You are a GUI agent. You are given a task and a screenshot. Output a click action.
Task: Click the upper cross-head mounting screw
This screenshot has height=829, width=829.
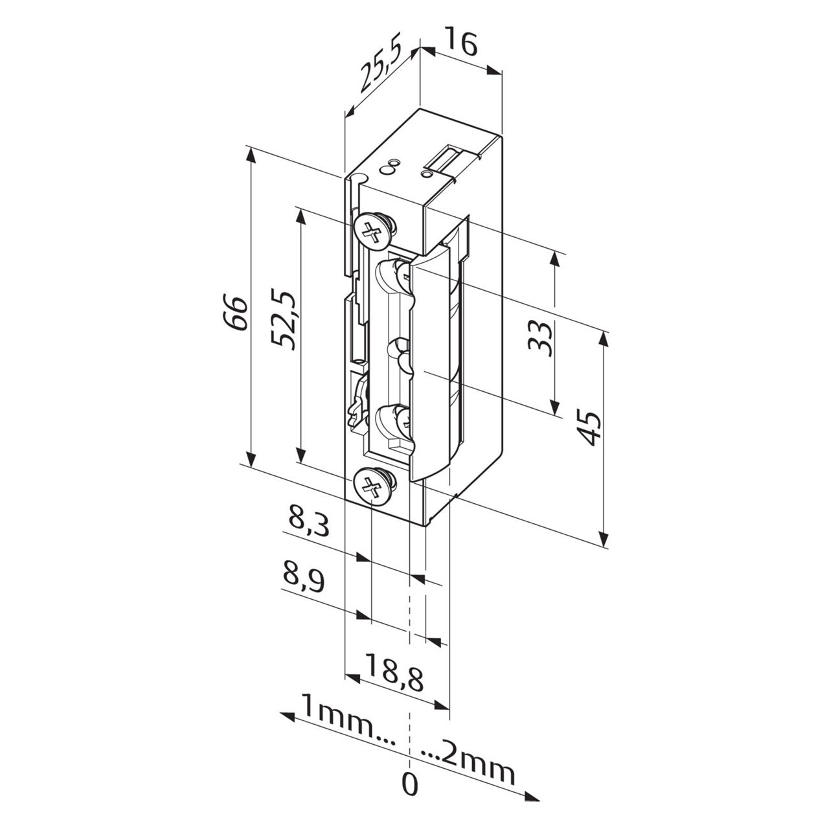pos(373,230)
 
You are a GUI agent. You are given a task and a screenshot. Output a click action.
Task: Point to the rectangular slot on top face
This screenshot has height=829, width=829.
pos(447,158)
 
